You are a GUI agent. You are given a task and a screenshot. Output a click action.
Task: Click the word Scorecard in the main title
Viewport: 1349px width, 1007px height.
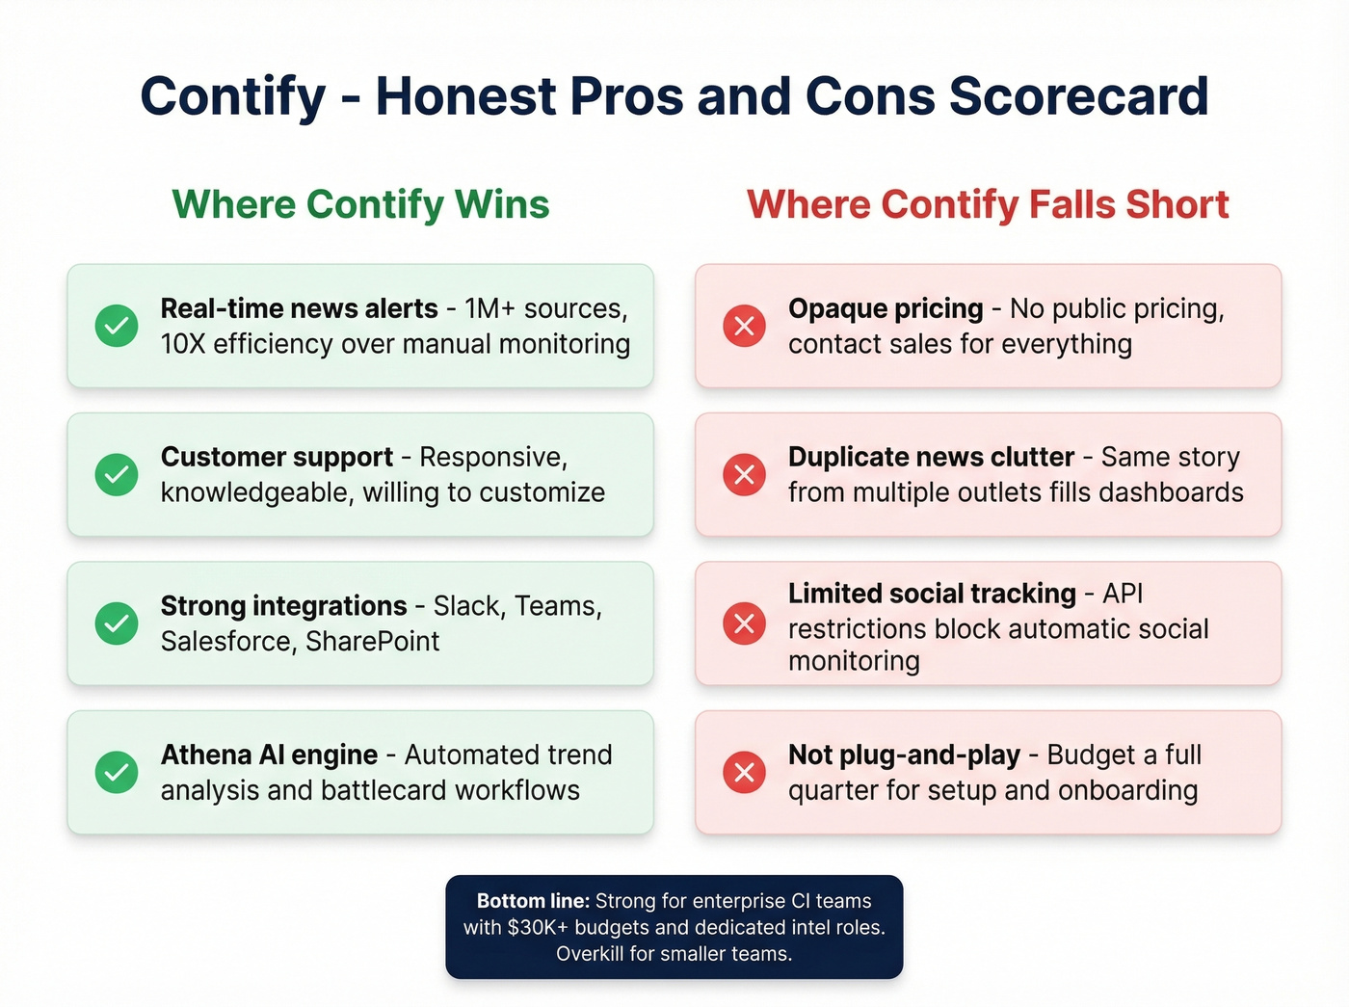tap(1078, 96)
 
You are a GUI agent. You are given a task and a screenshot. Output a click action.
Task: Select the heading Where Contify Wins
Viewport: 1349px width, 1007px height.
tap(360, 204)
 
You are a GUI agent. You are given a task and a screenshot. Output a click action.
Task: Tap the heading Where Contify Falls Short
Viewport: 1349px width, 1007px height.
tap(988, 204)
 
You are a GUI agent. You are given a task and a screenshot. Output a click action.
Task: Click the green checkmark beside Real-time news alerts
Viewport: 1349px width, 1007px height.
tap(117, 326)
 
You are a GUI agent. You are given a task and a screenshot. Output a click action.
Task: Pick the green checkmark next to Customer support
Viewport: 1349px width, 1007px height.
tap(117, 474)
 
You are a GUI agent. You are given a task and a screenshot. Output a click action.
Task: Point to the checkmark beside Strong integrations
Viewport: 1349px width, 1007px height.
tap(117, 623)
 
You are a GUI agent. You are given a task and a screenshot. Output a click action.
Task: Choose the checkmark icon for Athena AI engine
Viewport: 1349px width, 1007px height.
tap(117, 772)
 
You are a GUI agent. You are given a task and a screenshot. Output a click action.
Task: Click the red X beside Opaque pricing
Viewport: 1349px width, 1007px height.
tap(745, 326)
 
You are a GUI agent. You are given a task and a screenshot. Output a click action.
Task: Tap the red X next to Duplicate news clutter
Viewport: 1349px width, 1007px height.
tap(745, 474)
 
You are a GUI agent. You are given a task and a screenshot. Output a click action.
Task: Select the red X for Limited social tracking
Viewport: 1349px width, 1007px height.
tap(745, 623)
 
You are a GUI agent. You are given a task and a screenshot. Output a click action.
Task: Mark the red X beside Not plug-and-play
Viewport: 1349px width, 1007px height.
tap(745, 772)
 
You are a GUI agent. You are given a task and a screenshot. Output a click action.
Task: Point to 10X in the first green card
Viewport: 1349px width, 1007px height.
tap(183, 344)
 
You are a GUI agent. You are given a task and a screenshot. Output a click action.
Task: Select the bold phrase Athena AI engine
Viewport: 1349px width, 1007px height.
tap(269, 755)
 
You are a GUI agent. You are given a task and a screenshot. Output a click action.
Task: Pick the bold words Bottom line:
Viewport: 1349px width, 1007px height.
tap(533, 901)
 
